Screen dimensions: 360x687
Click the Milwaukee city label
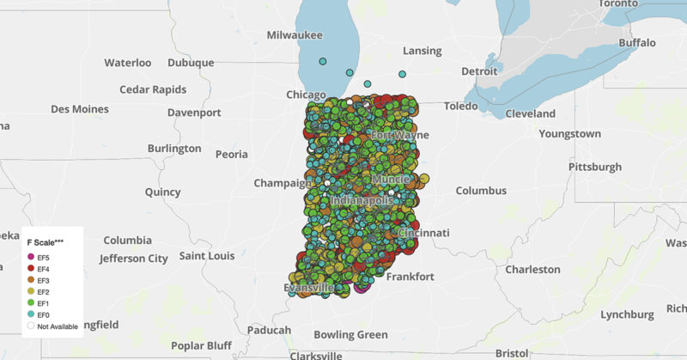point(295,35)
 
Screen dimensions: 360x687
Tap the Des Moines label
point(80,109)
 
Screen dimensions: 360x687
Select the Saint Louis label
point(207,255)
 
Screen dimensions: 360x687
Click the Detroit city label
point(479,71)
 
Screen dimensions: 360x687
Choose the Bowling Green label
point(351,334)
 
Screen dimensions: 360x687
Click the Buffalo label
point(636,42)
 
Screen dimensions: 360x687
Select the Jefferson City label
point(133,258)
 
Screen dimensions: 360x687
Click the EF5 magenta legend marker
point(31,257)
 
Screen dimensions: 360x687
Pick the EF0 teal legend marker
point(31,315)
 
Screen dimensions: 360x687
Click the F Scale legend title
point(46,242)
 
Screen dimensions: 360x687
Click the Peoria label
point(231,155)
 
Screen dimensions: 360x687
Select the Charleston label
point(532,269)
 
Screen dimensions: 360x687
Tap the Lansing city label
point(422,51)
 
